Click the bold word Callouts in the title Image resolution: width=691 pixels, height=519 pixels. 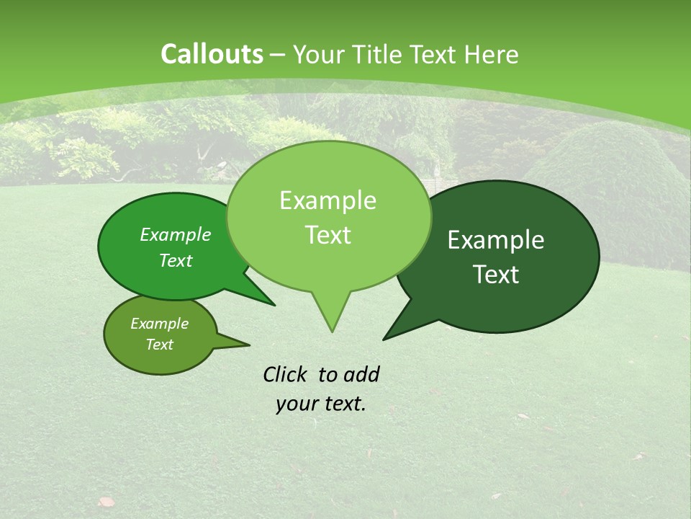coord(212,54)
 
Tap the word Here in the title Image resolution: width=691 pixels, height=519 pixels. coord(492,54)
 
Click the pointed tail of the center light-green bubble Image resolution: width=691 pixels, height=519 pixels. coord(331,317)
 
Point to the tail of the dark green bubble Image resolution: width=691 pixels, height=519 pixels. coord(396,328)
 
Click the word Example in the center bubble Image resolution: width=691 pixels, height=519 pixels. coord(328,200)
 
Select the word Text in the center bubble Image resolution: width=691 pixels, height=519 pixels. coord(328,235)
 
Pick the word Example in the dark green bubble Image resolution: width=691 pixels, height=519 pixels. coord(496,240)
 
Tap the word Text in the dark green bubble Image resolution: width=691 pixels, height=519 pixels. coord(496,275)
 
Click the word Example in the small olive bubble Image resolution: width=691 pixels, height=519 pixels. coord(159,324)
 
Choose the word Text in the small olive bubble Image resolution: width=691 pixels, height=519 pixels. coord(159,345)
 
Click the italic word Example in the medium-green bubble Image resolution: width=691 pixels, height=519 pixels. coord(176,234)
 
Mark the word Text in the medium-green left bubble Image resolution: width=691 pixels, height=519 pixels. coord(176,260)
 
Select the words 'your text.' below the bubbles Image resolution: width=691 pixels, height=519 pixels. coord(321,404)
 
